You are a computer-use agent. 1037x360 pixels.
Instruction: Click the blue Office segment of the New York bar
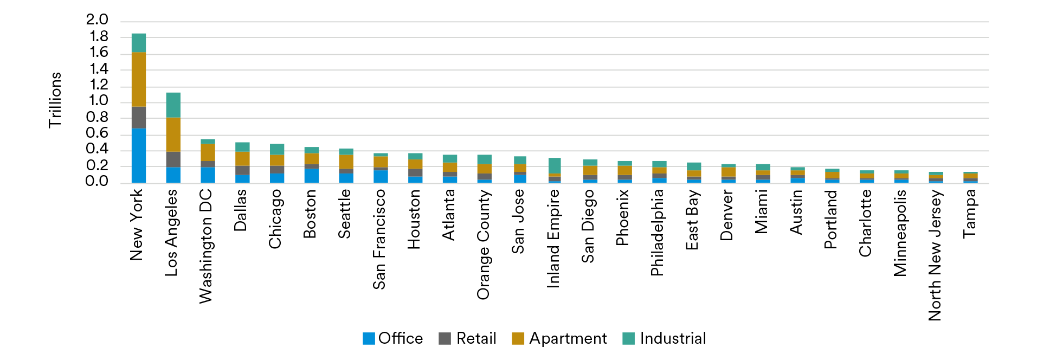[138, 156]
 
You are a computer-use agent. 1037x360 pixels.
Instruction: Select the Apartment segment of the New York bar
[138, 79]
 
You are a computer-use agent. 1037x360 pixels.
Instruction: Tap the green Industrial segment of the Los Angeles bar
[173, 105]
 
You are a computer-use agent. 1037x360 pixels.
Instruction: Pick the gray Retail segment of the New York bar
[138, 118]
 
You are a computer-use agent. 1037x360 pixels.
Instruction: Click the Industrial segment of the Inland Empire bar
[554, 165]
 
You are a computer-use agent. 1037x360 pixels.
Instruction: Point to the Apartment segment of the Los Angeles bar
[173, 134]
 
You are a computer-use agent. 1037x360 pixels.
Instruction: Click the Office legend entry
[393, 338]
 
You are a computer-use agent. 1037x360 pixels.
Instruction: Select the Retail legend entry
[468, 338]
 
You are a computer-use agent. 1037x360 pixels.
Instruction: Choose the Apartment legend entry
[559, 338]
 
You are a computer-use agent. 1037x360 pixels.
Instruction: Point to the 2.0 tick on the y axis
[97, 20]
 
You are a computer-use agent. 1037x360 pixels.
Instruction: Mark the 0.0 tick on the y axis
[97, 182]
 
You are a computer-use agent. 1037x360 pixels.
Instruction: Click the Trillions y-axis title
[55, 100]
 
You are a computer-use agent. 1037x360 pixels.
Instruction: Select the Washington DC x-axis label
[206, 246]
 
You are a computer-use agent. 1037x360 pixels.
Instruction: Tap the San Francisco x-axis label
[379, 239]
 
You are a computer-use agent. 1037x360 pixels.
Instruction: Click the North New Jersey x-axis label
[935, 255]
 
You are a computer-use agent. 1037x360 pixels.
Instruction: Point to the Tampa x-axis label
[969, 214]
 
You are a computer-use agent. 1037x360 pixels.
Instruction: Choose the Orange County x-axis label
[483, 245]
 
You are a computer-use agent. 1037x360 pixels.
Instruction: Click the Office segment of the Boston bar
[311, 176]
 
